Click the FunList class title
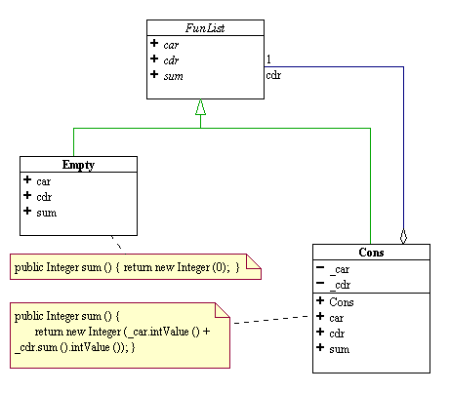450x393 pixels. click(205, 28)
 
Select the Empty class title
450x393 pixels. click(78, 165)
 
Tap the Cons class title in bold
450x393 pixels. click(371, 253)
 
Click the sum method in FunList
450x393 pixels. click(173, 76)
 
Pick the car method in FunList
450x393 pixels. click(171, 45)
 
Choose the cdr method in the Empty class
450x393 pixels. click(44, 197)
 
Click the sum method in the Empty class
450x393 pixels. click(47, 213)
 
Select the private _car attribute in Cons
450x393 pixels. click(340, 269)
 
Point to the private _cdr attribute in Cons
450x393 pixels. click(340, 285)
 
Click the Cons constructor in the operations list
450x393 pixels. click(342, 302)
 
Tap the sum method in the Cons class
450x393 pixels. click(340, 349)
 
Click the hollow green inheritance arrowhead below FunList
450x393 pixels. click(200, 107)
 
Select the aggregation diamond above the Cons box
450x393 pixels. click(403, 236)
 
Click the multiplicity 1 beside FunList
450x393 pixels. click(268, 59)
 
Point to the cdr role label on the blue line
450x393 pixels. click(273, 75)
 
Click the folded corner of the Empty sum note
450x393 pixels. click(254, 262)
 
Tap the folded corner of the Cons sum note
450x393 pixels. click(223, 310)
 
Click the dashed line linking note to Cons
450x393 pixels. click(271, 319)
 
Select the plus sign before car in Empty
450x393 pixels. click(27, 179)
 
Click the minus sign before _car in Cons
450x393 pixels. click(320, 267)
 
